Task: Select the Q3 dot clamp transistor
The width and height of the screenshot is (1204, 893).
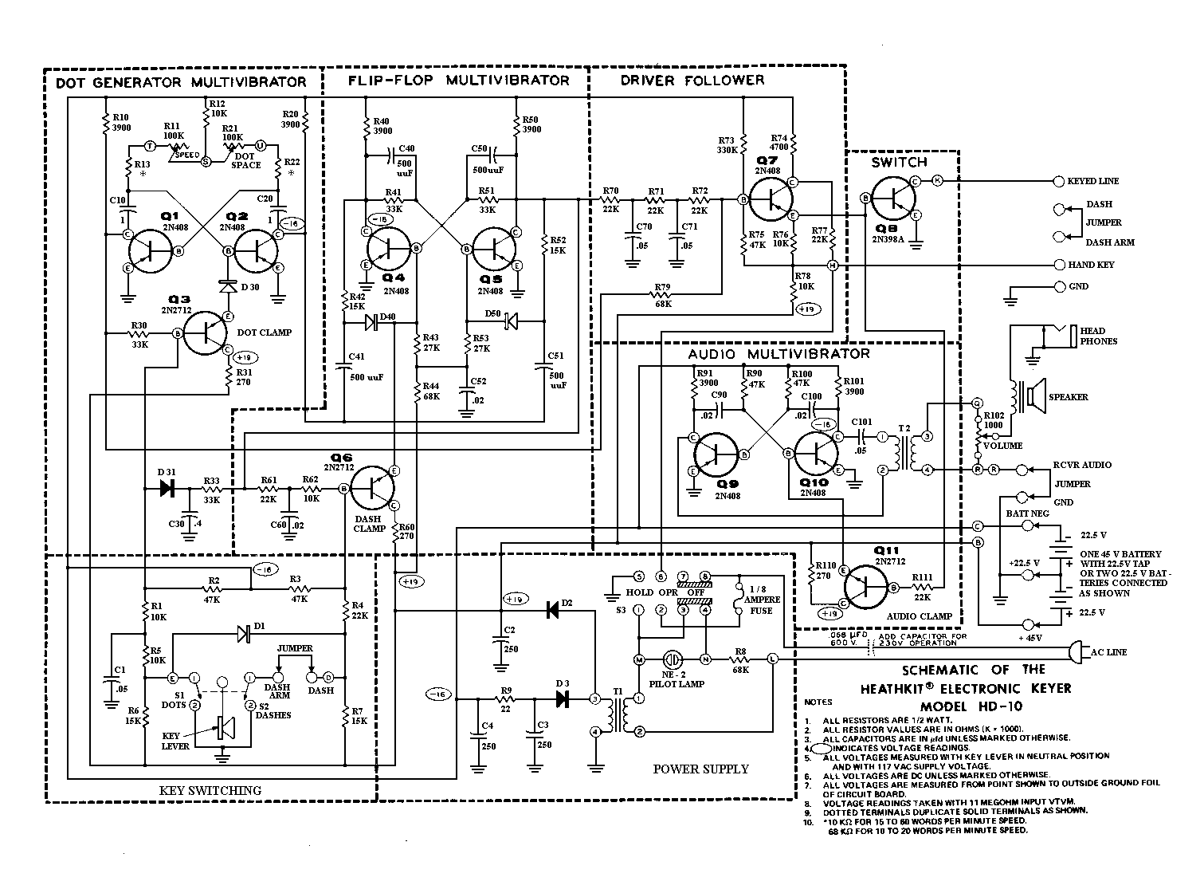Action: (x=206, y=333)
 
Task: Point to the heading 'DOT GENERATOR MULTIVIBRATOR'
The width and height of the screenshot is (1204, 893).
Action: (x=181, y=82)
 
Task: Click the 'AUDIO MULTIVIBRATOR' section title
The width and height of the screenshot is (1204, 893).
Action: (x=778, y=353)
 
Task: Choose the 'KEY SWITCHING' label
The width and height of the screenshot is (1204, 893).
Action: (x=210, y=790)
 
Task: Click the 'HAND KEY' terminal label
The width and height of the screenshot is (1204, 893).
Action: (x=1092, y=265)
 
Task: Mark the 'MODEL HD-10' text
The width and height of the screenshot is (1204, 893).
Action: (x=971, y=706)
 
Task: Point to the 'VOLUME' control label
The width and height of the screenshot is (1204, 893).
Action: (x=1002, y=446)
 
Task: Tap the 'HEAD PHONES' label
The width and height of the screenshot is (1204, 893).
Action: (x=1098, y=336)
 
